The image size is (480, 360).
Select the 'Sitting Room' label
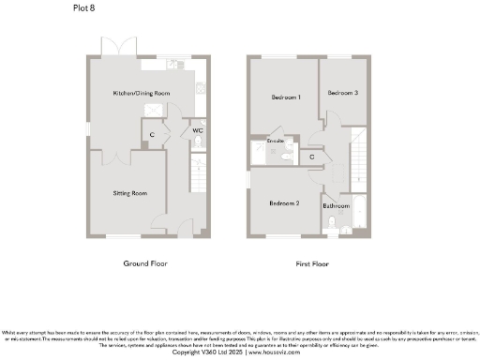[x=130, y=193]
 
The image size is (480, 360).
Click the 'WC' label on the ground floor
[x=197, y=131]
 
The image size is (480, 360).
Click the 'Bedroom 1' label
[x=285, y=97]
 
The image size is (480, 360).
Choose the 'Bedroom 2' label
[x=283, y=203]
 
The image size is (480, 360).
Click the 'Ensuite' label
[x=276, y=142]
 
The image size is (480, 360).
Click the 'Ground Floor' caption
[x=145, y=264]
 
